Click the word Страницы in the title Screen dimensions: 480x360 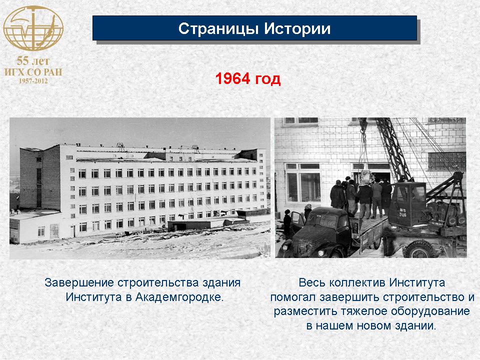(218, 29)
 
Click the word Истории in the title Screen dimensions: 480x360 (297, 28)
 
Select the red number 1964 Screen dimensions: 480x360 (232, 78)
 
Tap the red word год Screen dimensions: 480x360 (268, 79)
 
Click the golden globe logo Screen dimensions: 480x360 (33, 28)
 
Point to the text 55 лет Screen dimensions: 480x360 (33, 61)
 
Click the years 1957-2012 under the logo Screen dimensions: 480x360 (33, 81)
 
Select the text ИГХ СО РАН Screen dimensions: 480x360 (33, 72)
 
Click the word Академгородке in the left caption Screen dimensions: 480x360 (179, 297)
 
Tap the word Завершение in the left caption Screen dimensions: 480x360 (79, 282)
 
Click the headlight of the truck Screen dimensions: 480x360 (321, 253)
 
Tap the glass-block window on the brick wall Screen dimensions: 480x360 (446, 161)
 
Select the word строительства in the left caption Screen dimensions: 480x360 (158, 282)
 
